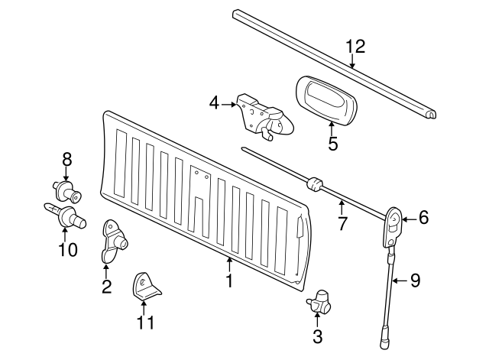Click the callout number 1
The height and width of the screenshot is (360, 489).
click(228, 281)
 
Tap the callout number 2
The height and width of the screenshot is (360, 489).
click(106, 287)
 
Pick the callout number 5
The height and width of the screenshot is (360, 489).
click(332, 143)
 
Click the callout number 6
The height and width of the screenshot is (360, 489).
click(423, 218)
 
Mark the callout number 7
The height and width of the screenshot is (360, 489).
click(342, 224)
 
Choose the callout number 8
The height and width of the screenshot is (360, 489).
click(66, 159)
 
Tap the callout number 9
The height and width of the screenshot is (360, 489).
click(415, 281)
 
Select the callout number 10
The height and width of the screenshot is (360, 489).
click(68, 249)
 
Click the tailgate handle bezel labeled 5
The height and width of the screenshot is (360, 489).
click(328, 99)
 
